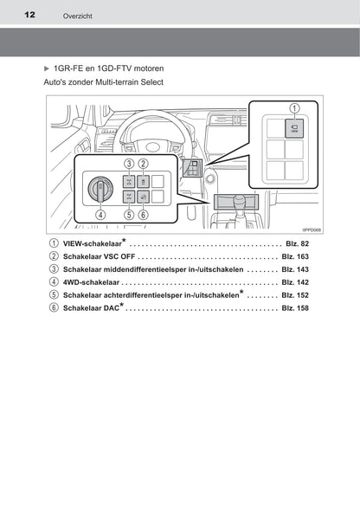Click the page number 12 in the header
tap(29, 15)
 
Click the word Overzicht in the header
tap(78, 16)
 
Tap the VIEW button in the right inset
tap(294, 128)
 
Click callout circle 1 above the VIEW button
tap(294, 108)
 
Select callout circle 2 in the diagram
tap(143, 164)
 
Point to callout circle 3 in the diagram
tap(129, 164)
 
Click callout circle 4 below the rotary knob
tap(100, 215)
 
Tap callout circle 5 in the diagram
tap(129, 215)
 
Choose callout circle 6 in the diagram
tap(143, 215)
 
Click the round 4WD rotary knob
tap(100, 189)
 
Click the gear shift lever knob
tap(239, 199)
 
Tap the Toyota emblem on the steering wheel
tap(152, 147)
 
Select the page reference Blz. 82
tap(297, 243)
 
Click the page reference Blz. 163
tap(295, 257)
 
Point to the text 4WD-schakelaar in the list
tap(91, 282)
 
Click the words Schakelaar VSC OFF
tap(99, 257)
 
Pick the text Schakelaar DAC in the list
tap(91, 308)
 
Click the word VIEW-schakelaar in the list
tap(93, 243)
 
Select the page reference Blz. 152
tap(295, 295)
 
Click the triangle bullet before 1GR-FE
tap(47, 68)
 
